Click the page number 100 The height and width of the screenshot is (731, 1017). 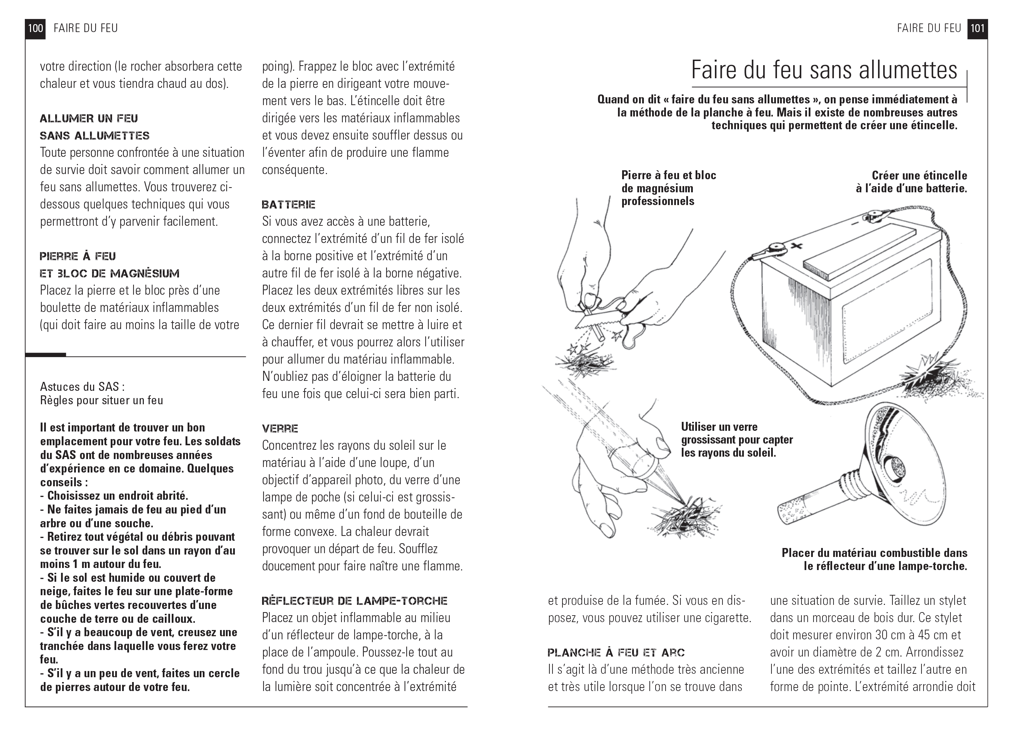pyautogui.click(x=36, y=29)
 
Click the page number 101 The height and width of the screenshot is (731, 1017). pyautogui.click(x=977, y=29)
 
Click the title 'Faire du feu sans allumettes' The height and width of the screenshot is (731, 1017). pyautogui.click(x=824, y=70)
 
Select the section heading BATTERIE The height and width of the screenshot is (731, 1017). pyautogui.click(x=288, y=205)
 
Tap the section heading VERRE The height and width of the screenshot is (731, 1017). pyautogui.click(x=280, y=428)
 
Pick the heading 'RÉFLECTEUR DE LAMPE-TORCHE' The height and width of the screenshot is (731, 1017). pyautogui.click(x=354, y=601)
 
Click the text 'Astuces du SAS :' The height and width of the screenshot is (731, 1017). pyautogui.click(x=82, y=386)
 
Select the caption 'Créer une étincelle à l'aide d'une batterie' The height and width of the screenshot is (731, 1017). pyautogui.click(x=911, y=182)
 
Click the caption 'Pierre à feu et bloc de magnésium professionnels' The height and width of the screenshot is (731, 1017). pyautogui.click(x=668, y=188)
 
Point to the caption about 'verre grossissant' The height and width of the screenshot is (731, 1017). pyautogui.click(x=737, y=440)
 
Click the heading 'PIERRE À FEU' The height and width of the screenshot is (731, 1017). pyautogui.click(x=78, y=256)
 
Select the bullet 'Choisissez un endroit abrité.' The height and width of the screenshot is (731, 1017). pyautogui.click(x=118, y=496)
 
